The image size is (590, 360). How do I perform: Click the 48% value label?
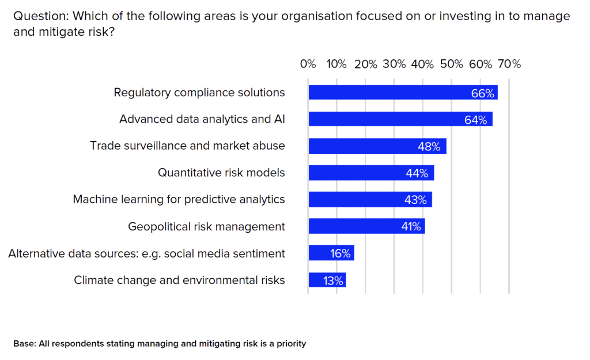(429, 146)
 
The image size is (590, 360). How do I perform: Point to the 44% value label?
(417, 173)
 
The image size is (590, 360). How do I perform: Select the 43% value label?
(415, 200)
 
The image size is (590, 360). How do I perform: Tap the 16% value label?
(340, 253)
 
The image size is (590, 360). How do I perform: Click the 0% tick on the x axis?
(308, 64)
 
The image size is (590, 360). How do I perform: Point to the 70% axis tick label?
(509, 64)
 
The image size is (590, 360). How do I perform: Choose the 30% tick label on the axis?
(394, 64)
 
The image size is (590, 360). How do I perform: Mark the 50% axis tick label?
(452, 64)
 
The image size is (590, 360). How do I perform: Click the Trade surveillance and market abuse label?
(187, 146)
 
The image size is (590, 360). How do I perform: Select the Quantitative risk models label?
(221, 172)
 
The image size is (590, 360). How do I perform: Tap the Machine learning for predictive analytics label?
(179, 199)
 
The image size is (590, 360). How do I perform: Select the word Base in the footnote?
(24, 344)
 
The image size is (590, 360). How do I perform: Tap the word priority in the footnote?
(290, 344)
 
